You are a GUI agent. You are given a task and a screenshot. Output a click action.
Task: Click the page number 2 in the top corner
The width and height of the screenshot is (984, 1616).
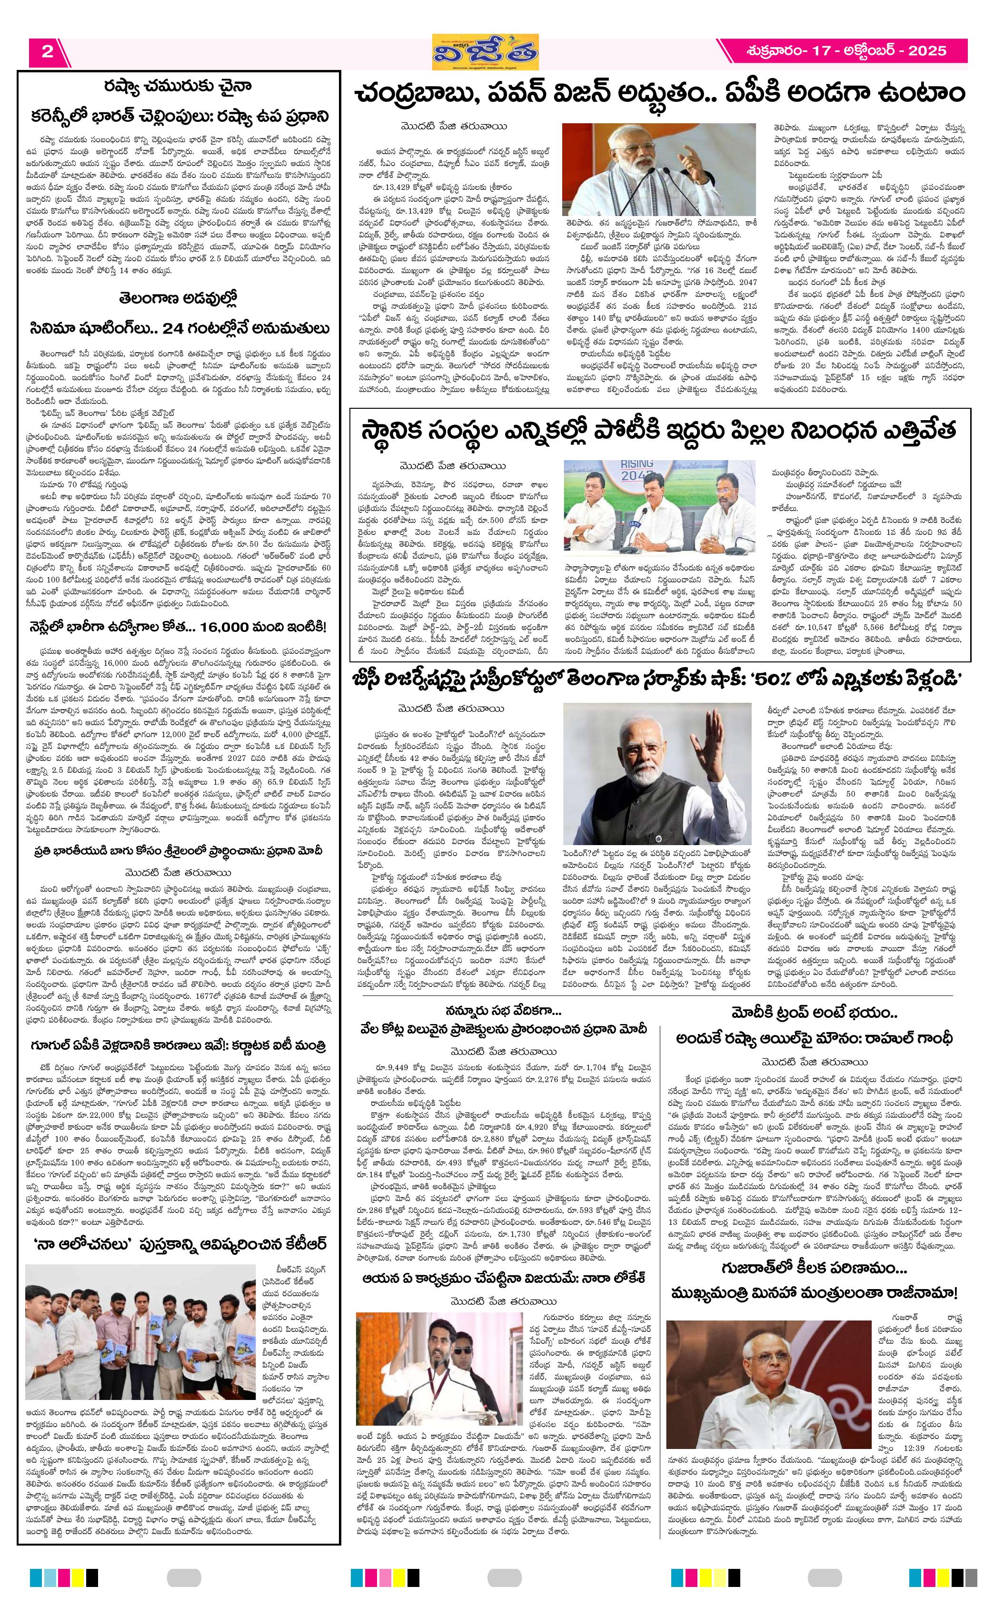pos(47,51)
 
